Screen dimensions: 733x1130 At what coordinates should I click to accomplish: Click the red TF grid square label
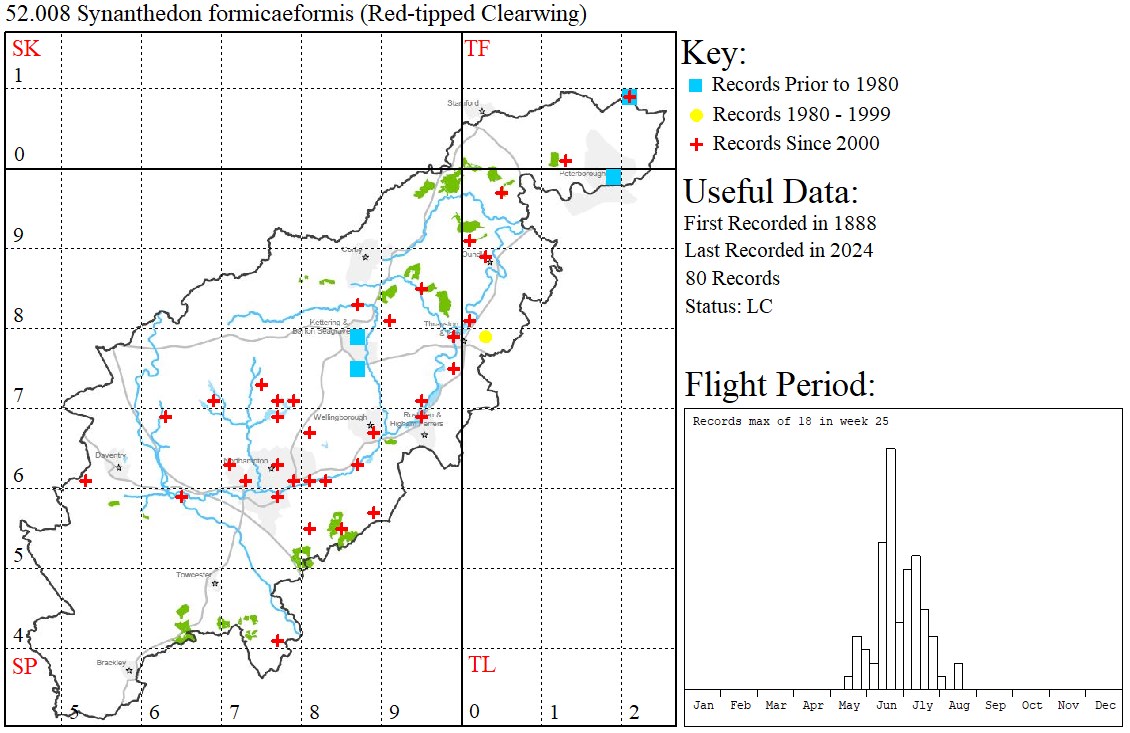[x=477, y=48]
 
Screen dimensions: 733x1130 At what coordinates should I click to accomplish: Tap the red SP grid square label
[x=24, y=666]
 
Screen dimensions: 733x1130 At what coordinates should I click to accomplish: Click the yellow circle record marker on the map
[x=485, y=337]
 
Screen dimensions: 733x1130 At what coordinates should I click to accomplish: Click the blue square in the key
[x=696, y=85]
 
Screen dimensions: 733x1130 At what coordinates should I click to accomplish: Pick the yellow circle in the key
[x=696, y=114]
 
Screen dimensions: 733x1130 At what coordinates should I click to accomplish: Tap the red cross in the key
[x=696, y=144]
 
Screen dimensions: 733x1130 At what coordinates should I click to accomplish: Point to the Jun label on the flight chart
[x=886, y=705]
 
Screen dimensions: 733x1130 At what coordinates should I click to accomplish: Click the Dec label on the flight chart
[x=1105, y=705]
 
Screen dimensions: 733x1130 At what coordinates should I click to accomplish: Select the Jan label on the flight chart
[x=704, y=705]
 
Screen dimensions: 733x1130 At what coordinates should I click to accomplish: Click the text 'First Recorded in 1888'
[x=780, y=222]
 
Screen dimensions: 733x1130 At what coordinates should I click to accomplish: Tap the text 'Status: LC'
[x=728, y=306]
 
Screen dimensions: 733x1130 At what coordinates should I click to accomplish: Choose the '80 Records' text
[x=732, y=278]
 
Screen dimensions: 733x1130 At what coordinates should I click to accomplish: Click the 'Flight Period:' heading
[x=780, y=385]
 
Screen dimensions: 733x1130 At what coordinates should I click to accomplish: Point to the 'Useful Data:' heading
[x=770, y=191]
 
